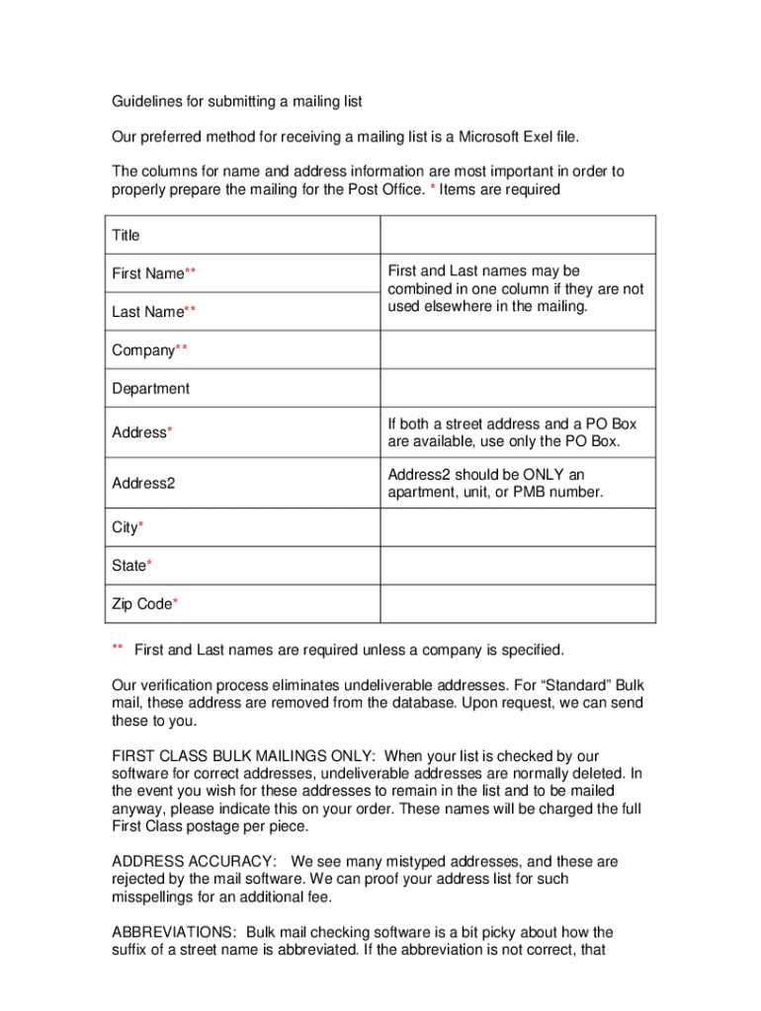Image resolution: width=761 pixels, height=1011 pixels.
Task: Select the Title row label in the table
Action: point(126,235)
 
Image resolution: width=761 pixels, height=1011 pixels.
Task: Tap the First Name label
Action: point(148,273)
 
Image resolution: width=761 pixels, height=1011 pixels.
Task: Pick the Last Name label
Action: point(148,312)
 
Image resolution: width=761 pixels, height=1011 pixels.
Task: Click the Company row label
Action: point(143,350)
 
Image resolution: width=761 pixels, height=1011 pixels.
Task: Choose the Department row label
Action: point(150,389)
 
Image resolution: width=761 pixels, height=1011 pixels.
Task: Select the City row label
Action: point(125,528)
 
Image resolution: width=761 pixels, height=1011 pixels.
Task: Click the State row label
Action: point(128,566)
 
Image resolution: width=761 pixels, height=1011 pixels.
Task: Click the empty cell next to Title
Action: point(517,235)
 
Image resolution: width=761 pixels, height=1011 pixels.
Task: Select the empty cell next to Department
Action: point(517,389)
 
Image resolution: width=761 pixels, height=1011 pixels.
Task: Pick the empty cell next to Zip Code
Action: point(517,604)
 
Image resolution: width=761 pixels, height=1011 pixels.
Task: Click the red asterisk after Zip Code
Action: point(175,602)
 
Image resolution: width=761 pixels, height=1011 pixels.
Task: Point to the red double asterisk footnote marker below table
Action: point(117,648)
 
